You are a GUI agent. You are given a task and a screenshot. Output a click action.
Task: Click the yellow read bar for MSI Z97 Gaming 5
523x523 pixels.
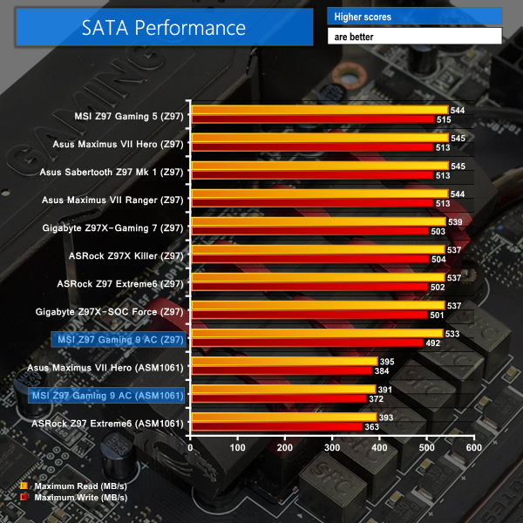[318, 111]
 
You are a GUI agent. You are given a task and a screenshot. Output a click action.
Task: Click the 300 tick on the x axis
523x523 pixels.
[332, 447]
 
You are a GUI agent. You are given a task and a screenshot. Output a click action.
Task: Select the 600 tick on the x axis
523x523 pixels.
[473, 447]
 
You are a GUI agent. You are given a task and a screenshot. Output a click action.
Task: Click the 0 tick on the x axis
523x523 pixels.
[191, 447]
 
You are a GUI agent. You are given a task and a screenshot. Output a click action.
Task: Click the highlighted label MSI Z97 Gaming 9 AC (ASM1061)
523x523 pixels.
[107, 396]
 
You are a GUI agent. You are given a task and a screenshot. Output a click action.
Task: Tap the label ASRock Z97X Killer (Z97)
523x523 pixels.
[126, 256]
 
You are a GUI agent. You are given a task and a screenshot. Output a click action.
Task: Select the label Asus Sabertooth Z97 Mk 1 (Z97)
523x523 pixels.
[112, 173]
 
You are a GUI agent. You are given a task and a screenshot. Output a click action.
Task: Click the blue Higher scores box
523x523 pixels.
[415, 17]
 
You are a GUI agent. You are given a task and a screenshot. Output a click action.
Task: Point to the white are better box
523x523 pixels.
[415, 37]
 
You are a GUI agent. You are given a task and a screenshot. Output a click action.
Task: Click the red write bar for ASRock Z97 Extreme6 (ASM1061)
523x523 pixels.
[275, 427]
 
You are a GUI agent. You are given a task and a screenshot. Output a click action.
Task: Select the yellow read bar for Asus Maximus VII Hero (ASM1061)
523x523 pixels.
[283, 361]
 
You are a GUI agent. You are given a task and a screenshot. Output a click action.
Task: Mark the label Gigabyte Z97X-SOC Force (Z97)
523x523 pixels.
[110, 312]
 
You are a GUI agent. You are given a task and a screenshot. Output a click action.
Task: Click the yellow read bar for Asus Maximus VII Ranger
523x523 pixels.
[318, 194]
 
